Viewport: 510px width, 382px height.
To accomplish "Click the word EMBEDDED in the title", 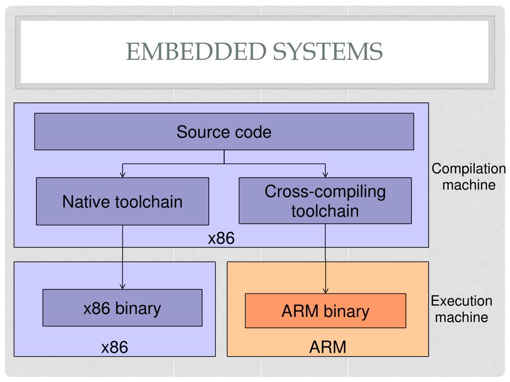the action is [196, 51].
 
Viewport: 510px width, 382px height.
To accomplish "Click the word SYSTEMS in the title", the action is [328, 51].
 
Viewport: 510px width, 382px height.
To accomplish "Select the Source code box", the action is [224, 131].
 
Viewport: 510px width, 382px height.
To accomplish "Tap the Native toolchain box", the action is [123, 201].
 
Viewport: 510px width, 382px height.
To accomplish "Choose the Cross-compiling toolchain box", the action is [325, 201].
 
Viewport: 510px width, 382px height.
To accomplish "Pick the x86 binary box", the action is [123, 307].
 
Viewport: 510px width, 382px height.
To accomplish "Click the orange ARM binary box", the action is [326, 311].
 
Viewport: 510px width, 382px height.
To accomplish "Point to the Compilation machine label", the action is [469, 177].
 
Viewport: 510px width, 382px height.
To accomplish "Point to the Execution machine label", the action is [462, 309].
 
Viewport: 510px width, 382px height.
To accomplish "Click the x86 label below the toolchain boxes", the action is [221, 238].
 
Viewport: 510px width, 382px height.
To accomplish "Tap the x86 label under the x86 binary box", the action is [115, 347].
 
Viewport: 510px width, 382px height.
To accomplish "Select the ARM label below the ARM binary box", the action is [328, 347].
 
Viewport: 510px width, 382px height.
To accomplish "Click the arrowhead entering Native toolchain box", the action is [123, 175].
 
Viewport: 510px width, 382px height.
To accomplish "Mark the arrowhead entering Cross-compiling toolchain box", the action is [325, 175].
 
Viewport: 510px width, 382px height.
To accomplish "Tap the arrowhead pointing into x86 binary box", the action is [123, 286].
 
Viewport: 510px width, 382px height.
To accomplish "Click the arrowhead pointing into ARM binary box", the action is [326, 290].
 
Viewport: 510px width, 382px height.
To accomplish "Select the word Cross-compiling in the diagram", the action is [325, 192].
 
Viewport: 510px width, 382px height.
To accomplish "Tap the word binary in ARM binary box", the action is [347, 312].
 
